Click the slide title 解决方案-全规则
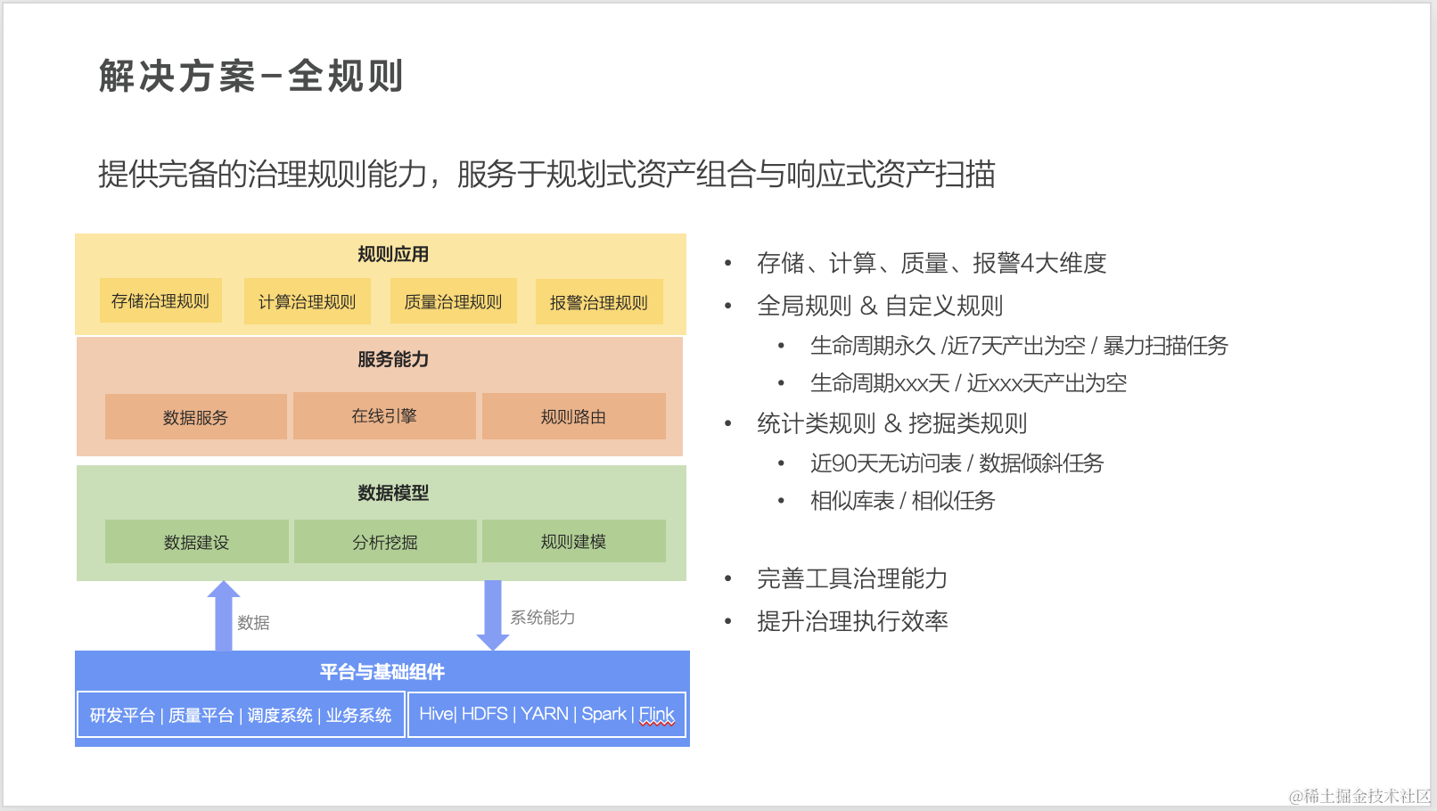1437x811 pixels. pyautogui.click(x=251, y=76)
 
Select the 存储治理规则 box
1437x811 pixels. pyautogui.click(x=160, y=301)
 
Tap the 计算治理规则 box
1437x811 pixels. pyautogui.click(x=308, y=302)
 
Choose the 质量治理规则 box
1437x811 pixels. pyautogui.click(x=454, y=302)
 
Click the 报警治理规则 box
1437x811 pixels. pyautogui.click(x=599, y=303)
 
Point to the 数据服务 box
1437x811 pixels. pyautogui.click(x=195, y=417)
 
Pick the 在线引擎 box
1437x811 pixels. pyautogui.click(x=384, y=416)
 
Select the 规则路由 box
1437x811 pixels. pyautogui.click(x=573, y=417)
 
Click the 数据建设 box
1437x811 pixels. pyautogui.click(x=196, y=542)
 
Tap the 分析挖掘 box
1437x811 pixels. pyautogui.click(x=385, y=542)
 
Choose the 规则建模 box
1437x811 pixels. pyautogui.click(x=573, y=541)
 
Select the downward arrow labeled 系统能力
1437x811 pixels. pyautogui.click(x=493, y=615)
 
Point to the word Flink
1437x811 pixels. pyautogui.click(x=656, y=715)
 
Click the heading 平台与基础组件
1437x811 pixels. pyautogui.click(x=382, y=672)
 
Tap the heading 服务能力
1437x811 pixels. pyautogui.click(x=393, y=359)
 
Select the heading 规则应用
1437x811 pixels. pyautogui.click(x=393, y=255)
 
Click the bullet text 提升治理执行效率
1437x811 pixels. pyautogui.click(x=852, y=621)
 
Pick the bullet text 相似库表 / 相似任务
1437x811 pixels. pyautogui.click(x=902, y=501)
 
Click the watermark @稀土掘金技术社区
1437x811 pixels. pyautogui.click(x=1359, y=796)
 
